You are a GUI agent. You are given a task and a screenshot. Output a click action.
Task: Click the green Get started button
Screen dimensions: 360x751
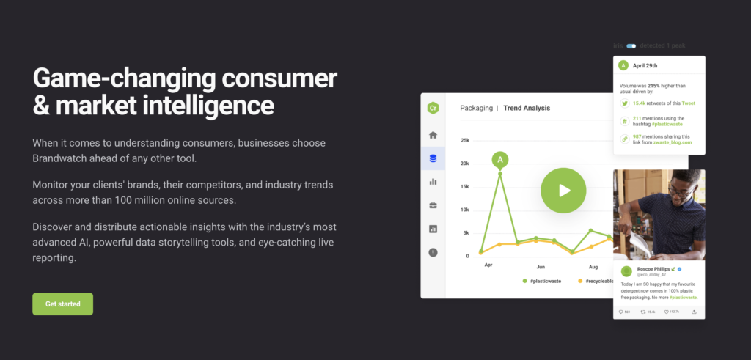click(62, 304)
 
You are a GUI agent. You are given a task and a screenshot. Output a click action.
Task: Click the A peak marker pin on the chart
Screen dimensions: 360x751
click(500, 159)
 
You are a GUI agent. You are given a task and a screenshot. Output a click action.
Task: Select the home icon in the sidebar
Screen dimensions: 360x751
click(433, 135)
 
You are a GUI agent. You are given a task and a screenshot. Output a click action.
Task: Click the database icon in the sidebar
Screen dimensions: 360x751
click(433, 158)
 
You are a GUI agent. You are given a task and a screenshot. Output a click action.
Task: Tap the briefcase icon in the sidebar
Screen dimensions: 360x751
click(433, 205)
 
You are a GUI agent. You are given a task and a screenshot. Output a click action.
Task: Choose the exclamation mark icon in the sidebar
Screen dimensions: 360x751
click(433, 252)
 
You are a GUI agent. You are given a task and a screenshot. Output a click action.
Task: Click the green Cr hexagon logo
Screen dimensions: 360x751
click(433, 108)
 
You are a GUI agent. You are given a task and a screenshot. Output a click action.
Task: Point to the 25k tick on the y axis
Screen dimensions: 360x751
click(464, 140)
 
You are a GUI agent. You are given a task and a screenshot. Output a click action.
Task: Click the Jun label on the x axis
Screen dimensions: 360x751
click(541, 267)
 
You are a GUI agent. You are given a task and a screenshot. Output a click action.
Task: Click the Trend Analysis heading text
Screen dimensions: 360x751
click(527, 108)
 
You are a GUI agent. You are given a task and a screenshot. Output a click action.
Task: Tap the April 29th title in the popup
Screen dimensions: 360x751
click(648, 65)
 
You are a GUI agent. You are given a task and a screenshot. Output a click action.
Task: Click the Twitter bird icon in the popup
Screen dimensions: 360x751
click(623, 103)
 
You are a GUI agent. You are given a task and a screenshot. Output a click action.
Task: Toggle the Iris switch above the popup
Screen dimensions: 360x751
click(631, 46)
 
